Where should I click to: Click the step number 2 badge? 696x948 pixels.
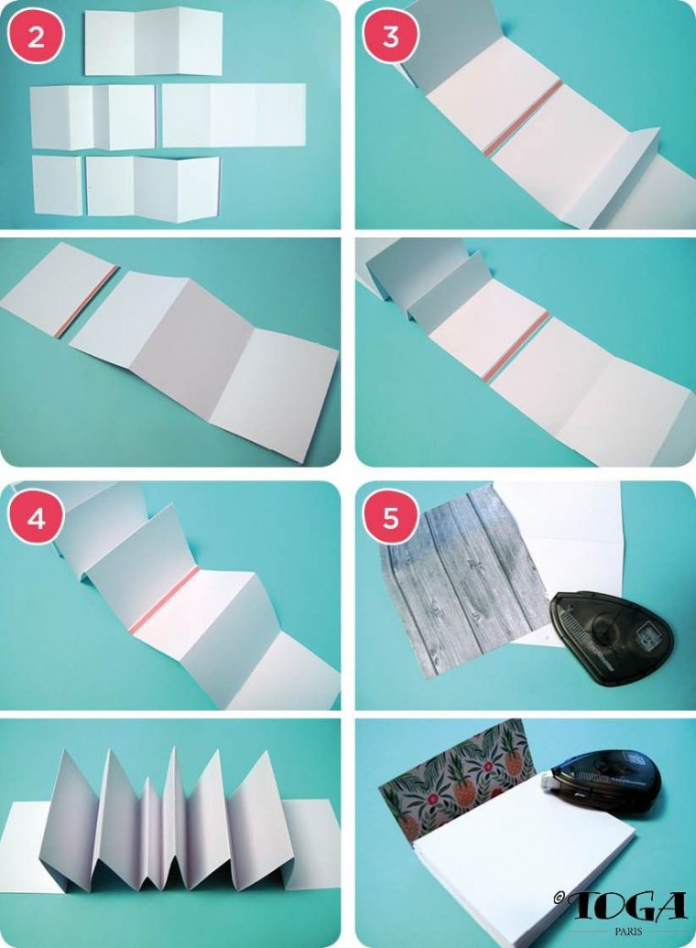point(36,38)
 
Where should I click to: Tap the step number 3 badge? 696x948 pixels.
point(390,37)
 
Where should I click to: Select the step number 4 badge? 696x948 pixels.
point(36,518)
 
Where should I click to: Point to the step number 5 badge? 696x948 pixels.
point(390,518)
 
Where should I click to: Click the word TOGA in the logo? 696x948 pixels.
point(629,906)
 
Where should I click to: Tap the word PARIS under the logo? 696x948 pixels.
point(629,932)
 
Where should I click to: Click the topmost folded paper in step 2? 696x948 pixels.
point(154,43)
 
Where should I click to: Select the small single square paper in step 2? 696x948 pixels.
point(58,186)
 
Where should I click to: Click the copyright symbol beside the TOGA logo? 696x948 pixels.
point(559,897)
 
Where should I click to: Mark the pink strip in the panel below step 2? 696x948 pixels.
point(86,302)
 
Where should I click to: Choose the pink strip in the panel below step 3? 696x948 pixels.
point(517,347)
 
